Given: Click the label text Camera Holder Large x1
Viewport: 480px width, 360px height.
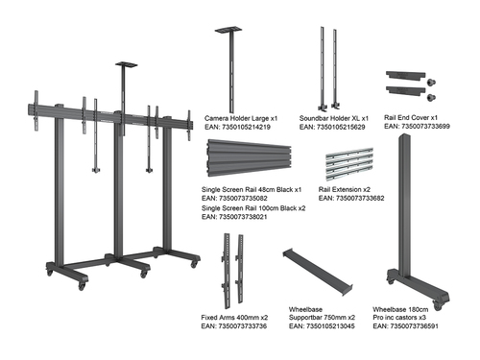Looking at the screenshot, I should pyautogui.click(x=241, y=117).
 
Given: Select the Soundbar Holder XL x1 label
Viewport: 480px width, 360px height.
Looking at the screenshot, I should pyautogui.click(x=330, y=117).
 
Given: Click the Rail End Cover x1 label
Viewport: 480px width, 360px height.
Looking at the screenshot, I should pyautogui.click(x=411, y=117).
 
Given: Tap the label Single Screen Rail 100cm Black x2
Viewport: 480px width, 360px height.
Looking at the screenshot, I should pyautogui.click(x=253, y=208).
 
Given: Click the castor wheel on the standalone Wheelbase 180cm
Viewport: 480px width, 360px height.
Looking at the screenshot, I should pyautogui.click(x=441, y=306).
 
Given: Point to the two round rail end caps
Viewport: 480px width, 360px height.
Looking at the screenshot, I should pyautogui.click(x=431, y=87).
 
